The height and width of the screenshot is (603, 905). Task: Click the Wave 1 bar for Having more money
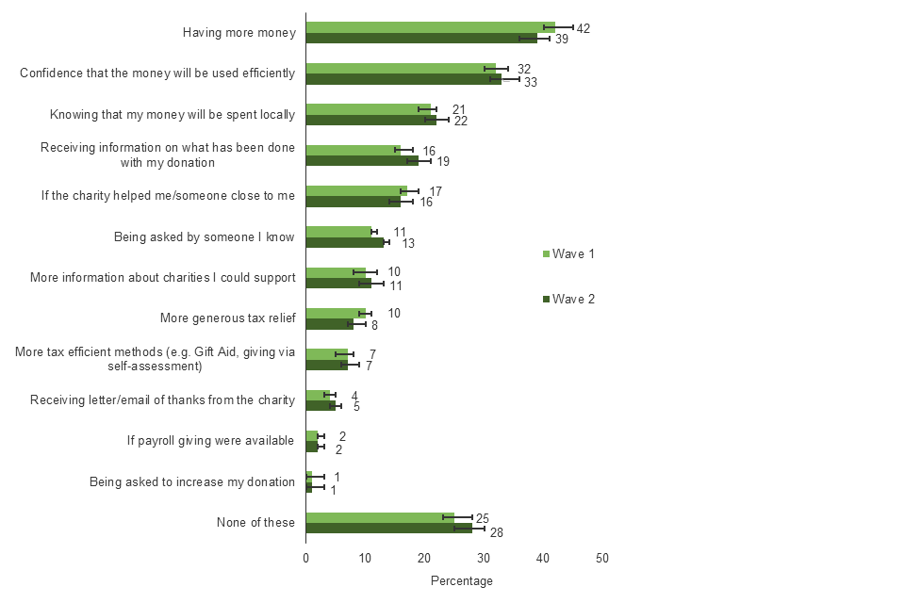coord(430,27)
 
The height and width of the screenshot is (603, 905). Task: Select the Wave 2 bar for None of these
coord(388,528)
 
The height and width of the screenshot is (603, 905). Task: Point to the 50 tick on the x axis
coord(602,559)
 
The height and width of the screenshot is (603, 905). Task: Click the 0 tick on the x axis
coord(306,559)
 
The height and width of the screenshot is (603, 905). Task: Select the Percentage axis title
coord(462,581)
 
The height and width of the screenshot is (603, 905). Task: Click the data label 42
coord(583,28)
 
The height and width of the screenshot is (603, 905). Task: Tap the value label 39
coord(562,39)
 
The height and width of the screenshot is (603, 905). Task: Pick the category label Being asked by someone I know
coord(204,236)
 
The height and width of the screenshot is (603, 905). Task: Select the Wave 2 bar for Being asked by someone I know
coord(345,242)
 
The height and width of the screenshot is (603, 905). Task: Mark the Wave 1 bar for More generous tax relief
coord(336,313)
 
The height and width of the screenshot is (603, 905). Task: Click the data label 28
coord(497,532)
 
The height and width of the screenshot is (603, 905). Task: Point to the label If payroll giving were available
coord(211,440)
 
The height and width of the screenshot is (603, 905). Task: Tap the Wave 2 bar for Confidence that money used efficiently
coord(403,79)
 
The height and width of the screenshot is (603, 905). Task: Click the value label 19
coord(442,161)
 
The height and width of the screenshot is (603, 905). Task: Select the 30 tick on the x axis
coord(484,559)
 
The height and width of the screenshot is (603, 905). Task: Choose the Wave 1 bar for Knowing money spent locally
coord(369,109)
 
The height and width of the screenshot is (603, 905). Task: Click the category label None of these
coord(255,523)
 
